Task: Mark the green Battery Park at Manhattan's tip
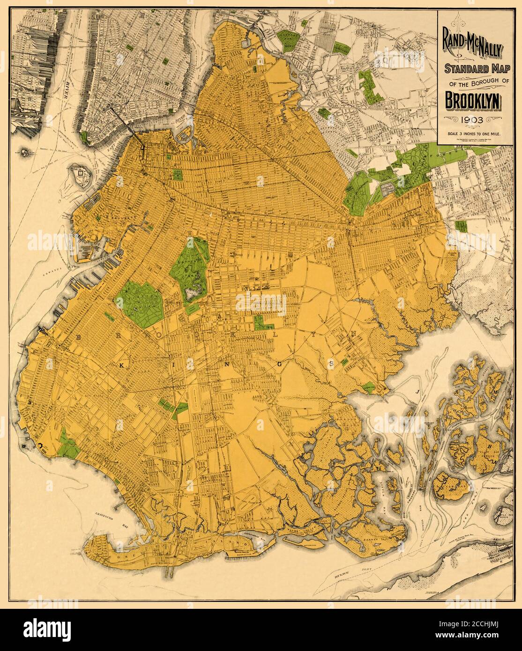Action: [x=84, y=137]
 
